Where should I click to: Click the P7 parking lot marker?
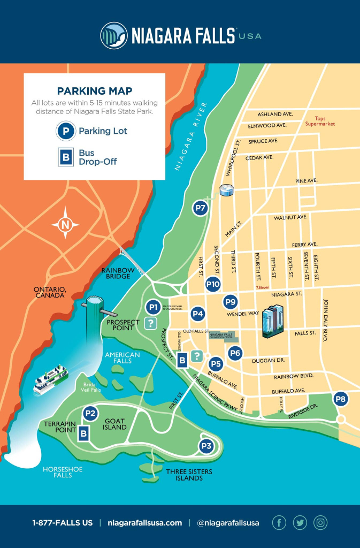(x=201, y=208)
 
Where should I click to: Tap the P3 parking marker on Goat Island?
(x=206, y=446)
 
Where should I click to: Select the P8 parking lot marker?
(x=340, y=399)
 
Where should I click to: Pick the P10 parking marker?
(x=213, y=284)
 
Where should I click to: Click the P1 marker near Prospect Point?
(x=154, y=307)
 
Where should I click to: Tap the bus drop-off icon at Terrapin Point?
(x=83, y=433)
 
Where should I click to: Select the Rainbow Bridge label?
(x=116, y=273)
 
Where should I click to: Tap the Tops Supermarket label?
(x=319, y=120)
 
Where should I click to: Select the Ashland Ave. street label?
(x=274, y=114)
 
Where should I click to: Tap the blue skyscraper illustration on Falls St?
(x=273, y=321)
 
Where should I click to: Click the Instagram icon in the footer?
(x=320, y=523)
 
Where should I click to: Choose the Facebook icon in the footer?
(x=279, y=523)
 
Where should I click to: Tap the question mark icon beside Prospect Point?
(x=151, y=323)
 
